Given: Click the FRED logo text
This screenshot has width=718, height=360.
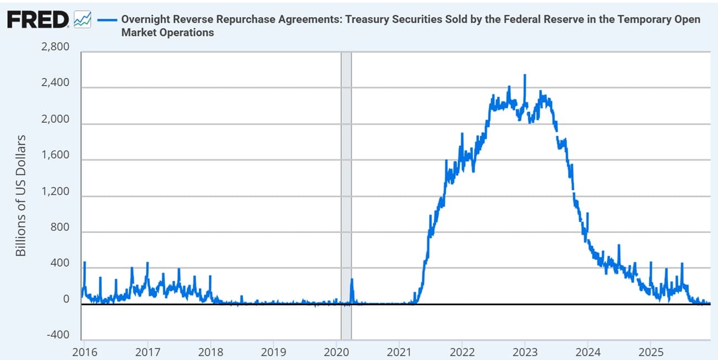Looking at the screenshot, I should click(37, 20).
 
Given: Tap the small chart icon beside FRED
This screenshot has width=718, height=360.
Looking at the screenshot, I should click(82, 20).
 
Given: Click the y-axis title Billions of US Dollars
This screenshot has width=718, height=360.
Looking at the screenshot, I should click(20, 195).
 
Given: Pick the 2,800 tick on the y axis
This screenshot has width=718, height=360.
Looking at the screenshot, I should click(55, 47).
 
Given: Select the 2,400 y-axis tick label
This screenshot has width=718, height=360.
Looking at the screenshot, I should click(55, 83).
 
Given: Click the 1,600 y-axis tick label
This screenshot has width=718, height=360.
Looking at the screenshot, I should click(55, 156).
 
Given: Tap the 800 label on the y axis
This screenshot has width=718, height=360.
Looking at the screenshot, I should click(60, 228).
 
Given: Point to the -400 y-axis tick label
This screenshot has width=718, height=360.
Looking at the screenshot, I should click(57, 336).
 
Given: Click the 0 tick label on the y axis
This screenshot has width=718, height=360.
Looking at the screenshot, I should click(66, 300).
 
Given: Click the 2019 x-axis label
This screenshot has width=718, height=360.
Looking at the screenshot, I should click(273, 351).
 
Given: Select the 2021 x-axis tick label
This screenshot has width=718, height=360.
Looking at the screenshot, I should click(399, 351).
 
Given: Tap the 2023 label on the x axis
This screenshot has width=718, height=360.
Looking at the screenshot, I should click(525, 351).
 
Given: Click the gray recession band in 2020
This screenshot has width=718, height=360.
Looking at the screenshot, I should click(346, 193).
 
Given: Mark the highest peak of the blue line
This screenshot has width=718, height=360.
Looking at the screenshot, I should click(525, 75).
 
